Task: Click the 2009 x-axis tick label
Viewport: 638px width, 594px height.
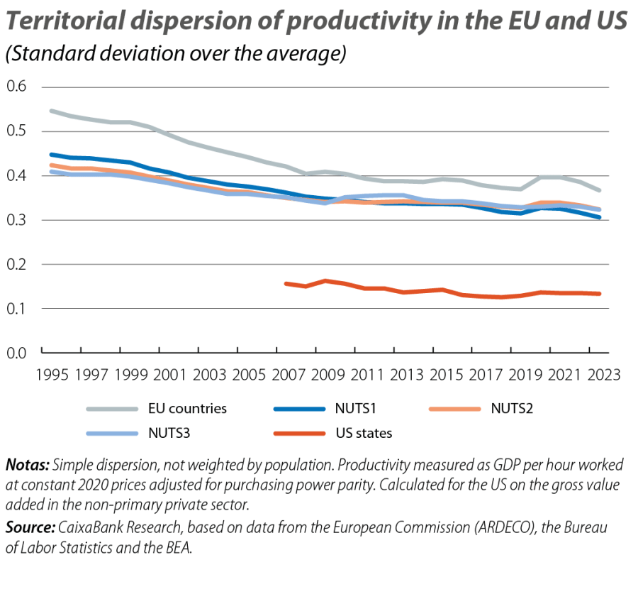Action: point(326,373)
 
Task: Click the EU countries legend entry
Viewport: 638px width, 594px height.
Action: point(187,409)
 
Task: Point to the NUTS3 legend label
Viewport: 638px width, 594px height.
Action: point(169,433)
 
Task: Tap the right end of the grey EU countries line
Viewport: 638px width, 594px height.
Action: point(600,191)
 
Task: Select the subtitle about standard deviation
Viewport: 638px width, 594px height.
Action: point(175,55)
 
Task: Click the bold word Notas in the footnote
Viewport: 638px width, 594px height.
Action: point(27,466)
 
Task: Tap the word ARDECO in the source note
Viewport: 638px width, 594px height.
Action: point(472,527)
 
